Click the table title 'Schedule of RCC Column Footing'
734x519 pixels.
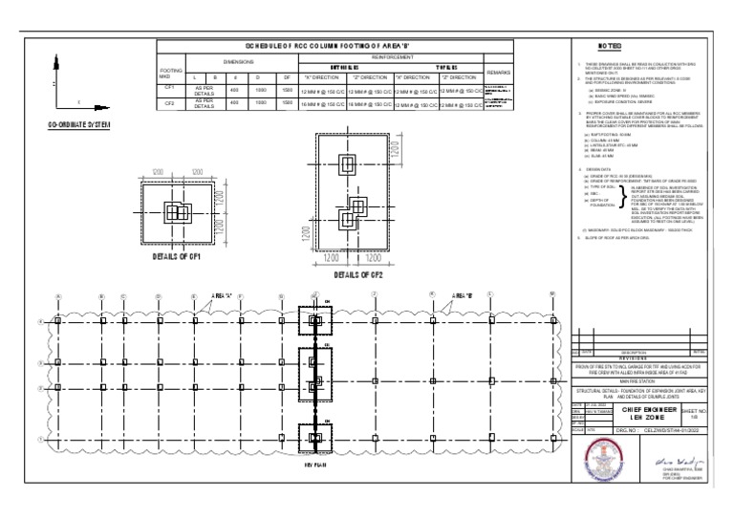pyautogui.click(x=334, y=45)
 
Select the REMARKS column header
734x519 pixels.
pyautogui.click(x=499, y=73)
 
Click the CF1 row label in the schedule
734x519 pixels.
pyautogui.click(x=168, y=88)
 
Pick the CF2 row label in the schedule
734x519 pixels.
pyautogui.click(x=168, y=103)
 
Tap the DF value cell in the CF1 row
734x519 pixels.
pyautogui.click(x=287, y=88)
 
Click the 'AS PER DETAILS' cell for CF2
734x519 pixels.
pyautogui.click(x=205, y=103)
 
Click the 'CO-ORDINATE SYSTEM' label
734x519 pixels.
pyautogui.click(x=78, y=126)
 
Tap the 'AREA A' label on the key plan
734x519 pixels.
pyautogui.click(x=222, y=296)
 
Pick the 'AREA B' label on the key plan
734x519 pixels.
pyautogui.click(x=464, y=295)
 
